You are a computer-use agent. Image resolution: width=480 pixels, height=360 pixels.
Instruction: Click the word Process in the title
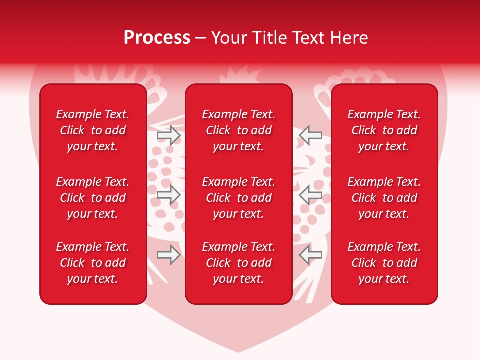tap(157, 38)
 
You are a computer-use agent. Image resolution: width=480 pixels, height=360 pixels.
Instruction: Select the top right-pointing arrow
tap(169, 135)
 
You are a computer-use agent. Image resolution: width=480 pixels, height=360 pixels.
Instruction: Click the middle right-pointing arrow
tap(169, 195)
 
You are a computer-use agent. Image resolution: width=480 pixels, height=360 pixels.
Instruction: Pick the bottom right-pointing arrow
tap(169, 255)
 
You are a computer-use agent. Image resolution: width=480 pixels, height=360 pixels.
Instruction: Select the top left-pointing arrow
tap(310, 135)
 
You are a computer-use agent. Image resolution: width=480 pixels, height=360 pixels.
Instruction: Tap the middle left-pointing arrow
tap(310, 195)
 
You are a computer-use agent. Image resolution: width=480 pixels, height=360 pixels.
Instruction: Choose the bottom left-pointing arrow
tap(310, 255)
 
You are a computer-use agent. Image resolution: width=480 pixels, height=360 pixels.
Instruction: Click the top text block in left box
tap(93, 130)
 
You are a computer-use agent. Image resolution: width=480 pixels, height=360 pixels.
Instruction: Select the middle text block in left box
tap(93, 198)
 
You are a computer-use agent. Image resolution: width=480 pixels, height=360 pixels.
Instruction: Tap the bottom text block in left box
tap(93, 263)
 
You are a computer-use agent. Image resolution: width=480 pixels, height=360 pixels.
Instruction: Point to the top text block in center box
tap(239, 130)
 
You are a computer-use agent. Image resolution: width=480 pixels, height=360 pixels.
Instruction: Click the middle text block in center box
tap(239, 198)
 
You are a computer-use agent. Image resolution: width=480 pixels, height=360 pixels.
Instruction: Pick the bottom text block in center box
tap(239, 263)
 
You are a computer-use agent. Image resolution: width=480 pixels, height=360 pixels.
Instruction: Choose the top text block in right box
tap(384, 130)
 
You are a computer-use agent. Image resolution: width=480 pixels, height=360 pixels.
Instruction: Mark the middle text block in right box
tap(384, 198)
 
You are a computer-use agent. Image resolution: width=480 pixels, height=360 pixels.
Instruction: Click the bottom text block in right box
tap(384, 263)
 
